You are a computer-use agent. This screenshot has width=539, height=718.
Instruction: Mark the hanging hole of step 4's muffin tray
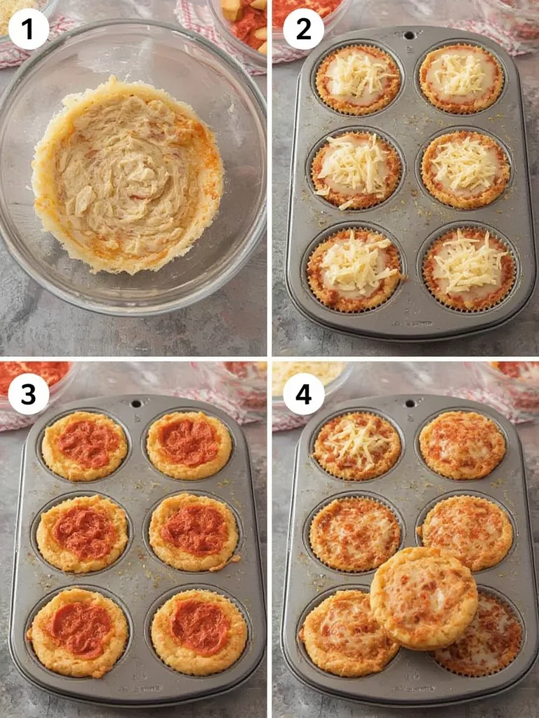click(x=410, y=403)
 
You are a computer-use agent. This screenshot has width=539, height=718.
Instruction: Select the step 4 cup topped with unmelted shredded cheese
click(x=357, y=445)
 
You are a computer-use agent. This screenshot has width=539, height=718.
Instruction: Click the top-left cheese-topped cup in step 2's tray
click(x=358, y=79)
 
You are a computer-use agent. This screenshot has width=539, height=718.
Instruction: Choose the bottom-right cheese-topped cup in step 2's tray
click(x=469, y=268)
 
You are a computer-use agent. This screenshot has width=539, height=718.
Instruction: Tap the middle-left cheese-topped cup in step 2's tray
click(x=356, y=170)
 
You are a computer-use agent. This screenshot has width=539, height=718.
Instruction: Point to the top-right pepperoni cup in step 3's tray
click(x=188, y=445)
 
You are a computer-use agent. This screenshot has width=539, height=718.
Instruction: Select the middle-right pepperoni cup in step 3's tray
click(x=194, y=531)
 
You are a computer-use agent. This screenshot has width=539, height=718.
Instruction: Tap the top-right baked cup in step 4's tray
click(x=462, y=445)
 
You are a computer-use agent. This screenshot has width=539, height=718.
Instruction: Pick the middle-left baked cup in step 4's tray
click(x=354, y=534)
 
